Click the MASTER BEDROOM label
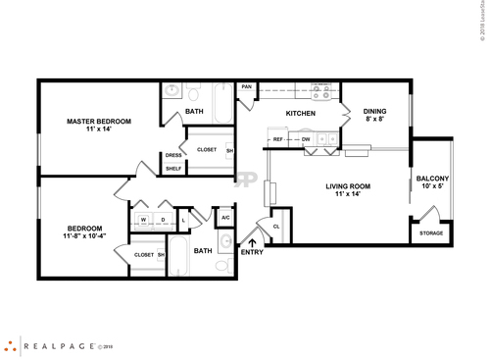point(99,122)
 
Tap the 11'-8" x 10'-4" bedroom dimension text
point(83,236)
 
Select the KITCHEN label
point(300,115)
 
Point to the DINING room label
point(375,112)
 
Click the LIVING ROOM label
point(348,185)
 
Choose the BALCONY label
point(432,179)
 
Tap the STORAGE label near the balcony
point(431,232)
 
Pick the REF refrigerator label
point(278,140)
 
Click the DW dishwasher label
point(306,140)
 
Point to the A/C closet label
point(225,218)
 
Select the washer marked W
point(143,219)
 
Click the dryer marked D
point(163,219)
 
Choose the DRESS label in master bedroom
point(173,155)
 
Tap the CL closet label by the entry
point(276,226)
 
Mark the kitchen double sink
point(329,140)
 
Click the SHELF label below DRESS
point(173,169)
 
